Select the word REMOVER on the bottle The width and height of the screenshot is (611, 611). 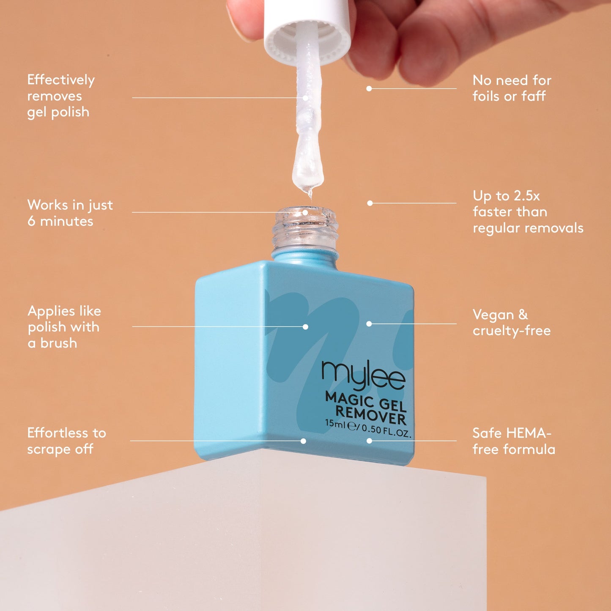pyautogui.click(x=370, y=414)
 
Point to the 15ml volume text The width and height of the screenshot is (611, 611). pyautogui.click(x=335, y=423)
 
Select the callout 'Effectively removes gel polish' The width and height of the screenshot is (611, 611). pyautogui.click(x=60, y=96)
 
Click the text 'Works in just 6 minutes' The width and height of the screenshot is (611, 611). pyautogui.click(x=70, y=213)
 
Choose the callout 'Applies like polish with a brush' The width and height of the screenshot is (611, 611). pyautogui.click(x=64, y=327)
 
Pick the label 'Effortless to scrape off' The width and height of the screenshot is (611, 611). pyautogui.click(x=66, y=441)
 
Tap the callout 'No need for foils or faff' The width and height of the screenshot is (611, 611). pyautogui.click(x=512, y=88)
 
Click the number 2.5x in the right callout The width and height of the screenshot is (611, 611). pyautogui.click(x=527, y=196)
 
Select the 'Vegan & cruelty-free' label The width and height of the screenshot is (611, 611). pyautogui.click(x=511, y=323)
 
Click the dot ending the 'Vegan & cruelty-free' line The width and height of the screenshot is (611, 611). pyautogui.click(x=369, y=324)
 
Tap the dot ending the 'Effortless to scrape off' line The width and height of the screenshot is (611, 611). pyautogui.click(x=303, y=441)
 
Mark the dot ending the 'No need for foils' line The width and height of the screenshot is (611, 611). pyautogui.click(x=369, y=89)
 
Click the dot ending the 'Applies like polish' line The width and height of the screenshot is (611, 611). pyautogui.click(x=305, y=327)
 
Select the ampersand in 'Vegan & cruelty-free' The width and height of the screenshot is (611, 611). pyautogui.click(x=523, y=315)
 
